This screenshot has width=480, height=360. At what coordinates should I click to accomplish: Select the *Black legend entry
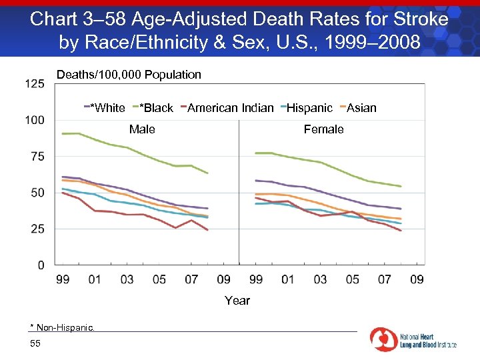point(155,108)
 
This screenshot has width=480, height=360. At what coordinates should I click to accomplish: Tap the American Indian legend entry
point(231,108)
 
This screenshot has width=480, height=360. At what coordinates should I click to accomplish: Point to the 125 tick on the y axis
point(35,84)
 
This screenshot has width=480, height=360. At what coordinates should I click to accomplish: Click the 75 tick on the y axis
point(38,157)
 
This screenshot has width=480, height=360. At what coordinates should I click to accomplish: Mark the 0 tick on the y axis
point(41,265)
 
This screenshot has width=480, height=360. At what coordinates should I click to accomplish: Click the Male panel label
point(142,129)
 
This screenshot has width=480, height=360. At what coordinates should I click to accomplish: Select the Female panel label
point(323,129)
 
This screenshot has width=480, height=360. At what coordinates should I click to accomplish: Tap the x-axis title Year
point(237,301)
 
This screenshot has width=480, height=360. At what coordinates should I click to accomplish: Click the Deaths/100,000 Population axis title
point(129,75)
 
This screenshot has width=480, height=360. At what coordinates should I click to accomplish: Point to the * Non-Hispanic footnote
point(63,327)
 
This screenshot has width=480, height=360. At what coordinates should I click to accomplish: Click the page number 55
point(35,343)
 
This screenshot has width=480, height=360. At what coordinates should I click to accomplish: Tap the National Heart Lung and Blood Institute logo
point(413,340)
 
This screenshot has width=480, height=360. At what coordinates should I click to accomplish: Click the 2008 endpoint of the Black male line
point(208,173)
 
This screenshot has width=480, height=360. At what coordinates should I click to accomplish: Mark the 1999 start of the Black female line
point(256,153)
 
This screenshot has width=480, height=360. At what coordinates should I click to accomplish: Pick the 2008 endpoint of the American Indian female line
point(401,231)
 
